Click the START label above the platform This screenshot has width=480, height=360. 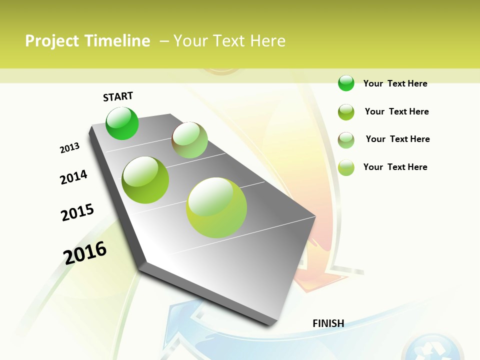click(x=118, y=96)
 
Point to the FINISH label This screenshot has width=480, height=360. click(x=328, y=323)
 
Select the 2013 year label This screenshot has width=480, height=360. click(x=69, y=148)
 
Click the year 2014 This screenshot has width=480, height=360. click(x=73, y=177)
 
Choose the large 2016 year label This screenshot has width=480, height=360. click(x=85, y=252)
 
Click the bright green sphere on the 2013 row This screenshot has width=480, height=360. click(x=122, y=123)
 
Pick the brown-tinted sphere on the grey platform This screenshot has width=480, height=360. click(x=189, y=140)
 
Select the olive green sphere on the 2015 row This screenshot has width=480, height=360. click(x=145, y=180)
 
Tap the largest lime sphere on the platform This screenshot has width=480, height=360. click(x=216, y=207)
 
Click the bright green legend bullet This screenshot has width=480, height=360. click(x=346, y=83)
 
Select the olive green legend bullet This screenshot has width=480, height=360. click(x=346, y=112)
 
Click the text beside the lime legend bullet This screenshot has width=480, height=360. click(x=395, y=167)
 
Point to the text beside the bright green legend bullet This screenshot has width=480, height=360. click(x=395, y=83)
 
